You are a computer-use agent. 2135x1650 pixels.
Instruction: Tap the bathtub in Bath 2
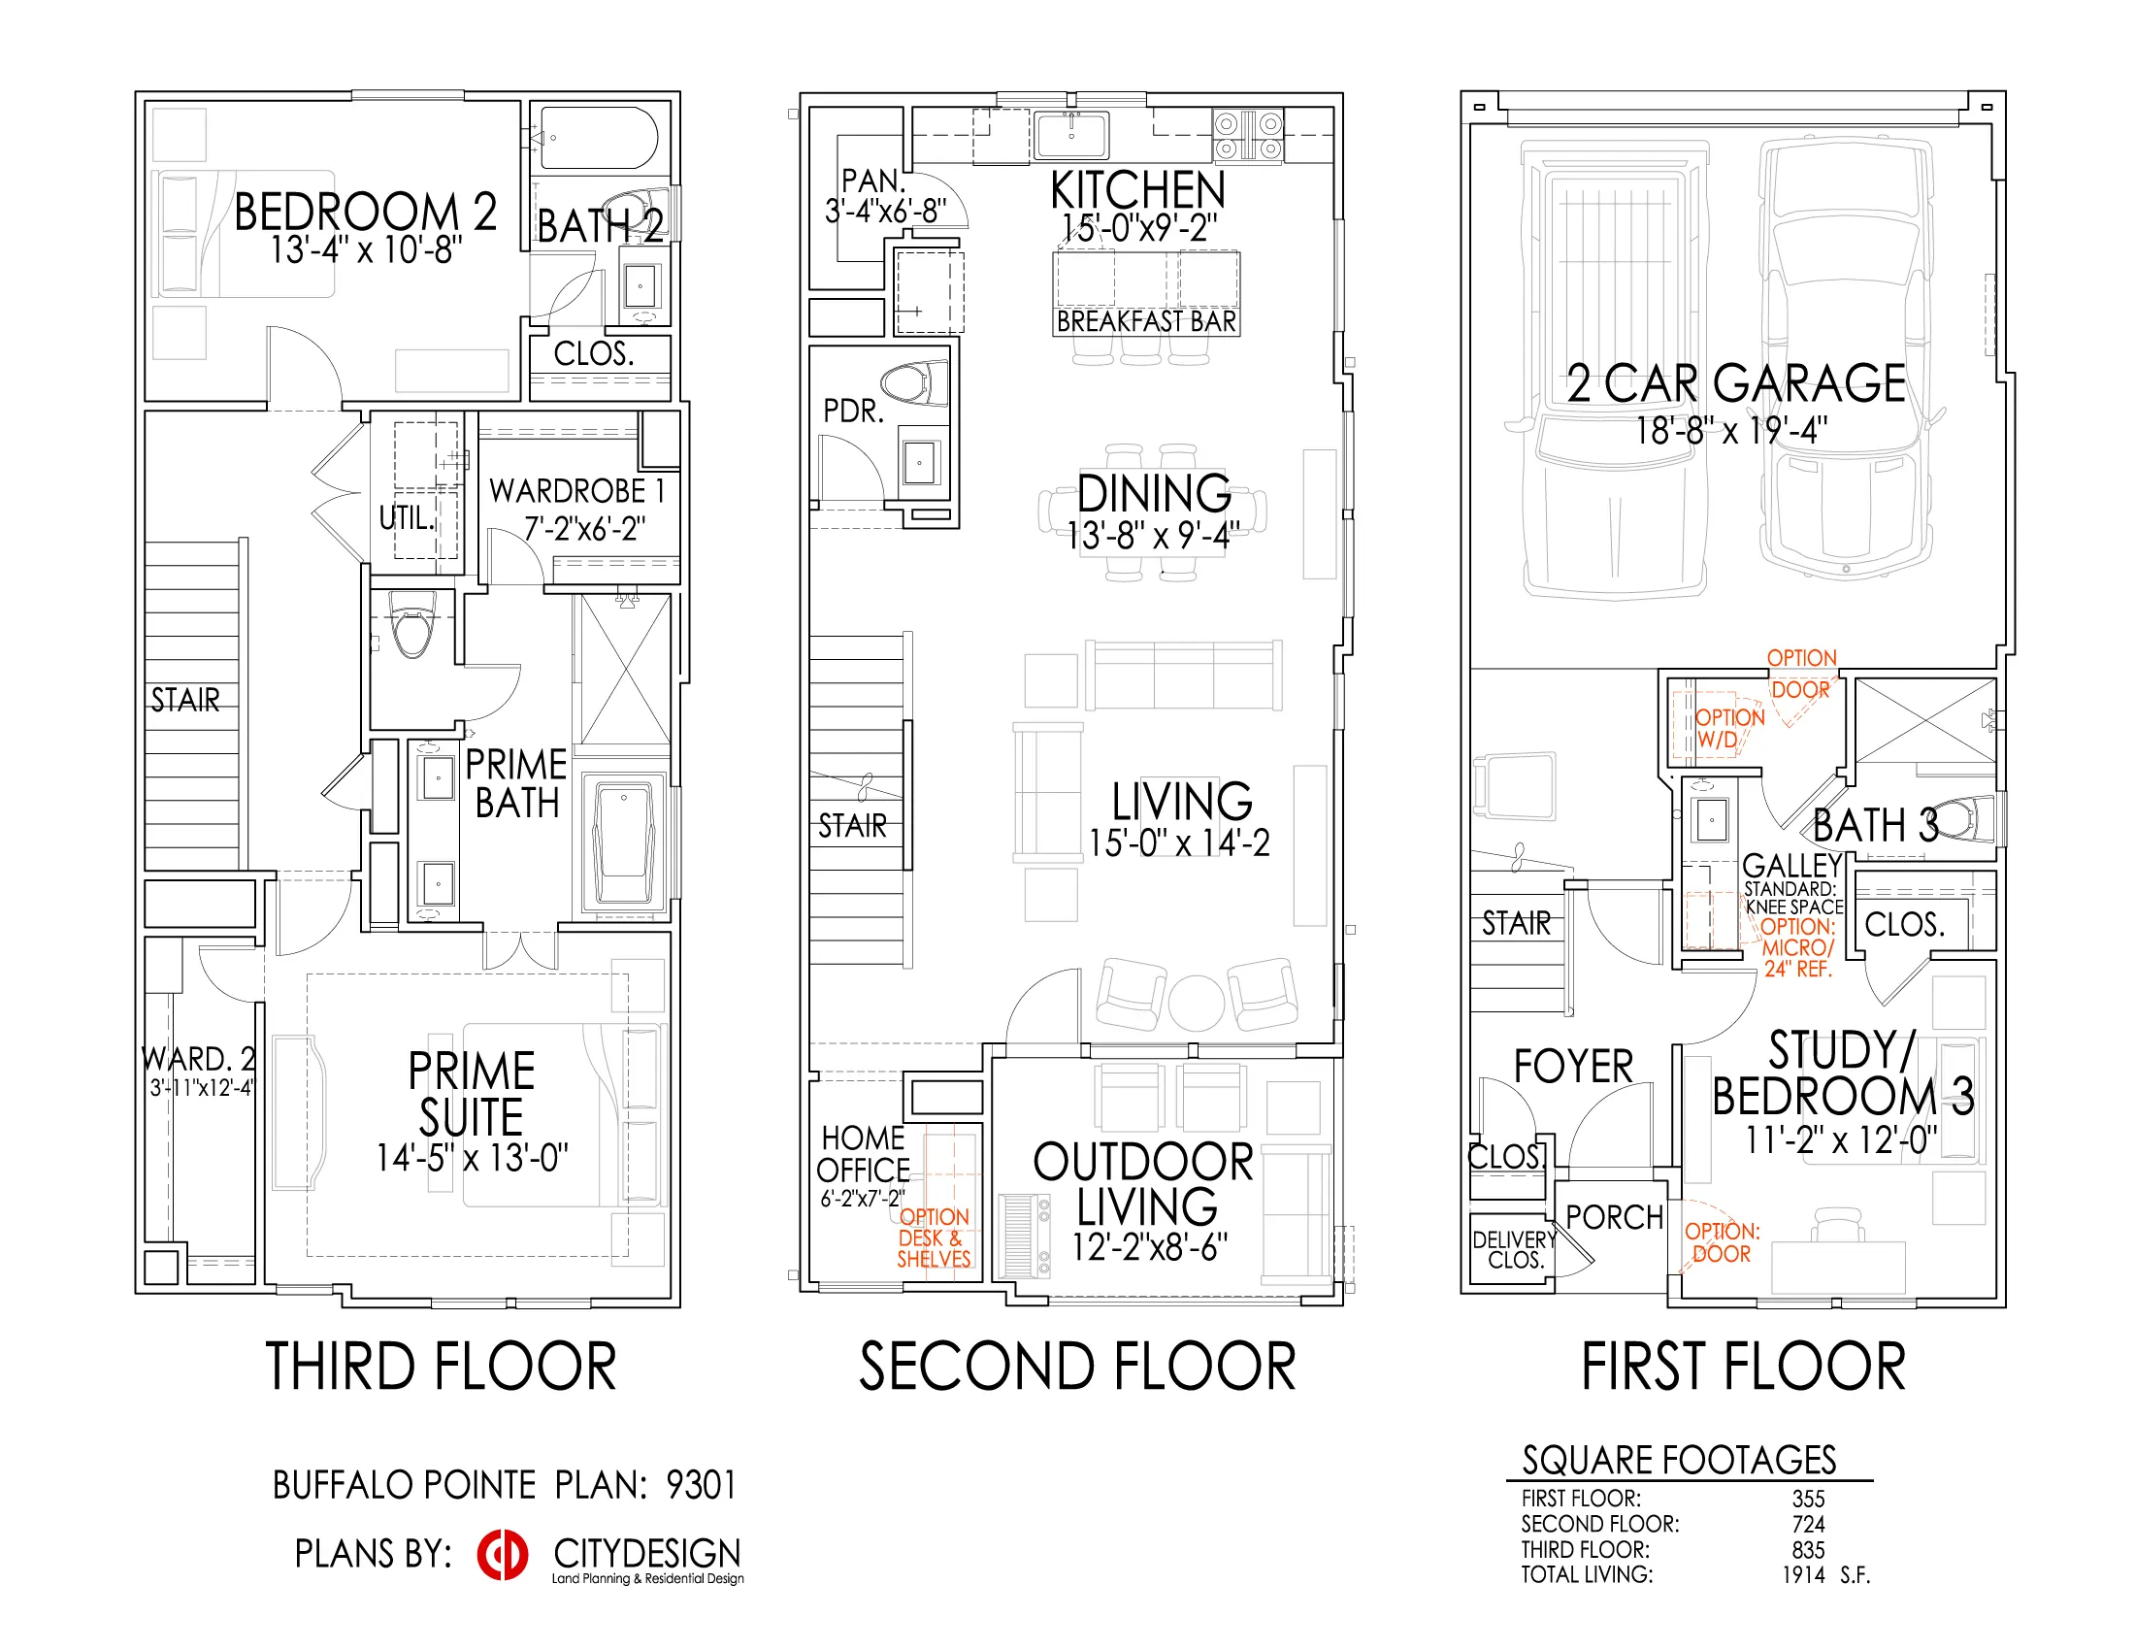pos(599,138)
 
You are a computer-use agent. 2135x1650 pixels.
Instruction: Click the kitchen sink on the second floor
pos(1071,135)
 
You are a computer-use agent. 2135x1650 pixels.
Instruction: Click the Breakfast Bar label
pos(1147,321)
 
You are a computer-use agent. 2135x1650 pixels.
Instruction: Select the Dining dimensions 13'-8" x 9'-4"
pos(1154,535)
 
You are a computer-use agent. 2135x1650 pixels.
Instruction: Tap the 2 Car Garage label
pos(1736,382)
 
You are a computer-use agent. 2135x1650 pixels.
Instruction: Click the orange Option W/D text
pos(1729,728)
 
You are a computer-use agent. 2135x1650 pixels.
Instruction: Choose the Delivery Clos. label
pos(1514,1249)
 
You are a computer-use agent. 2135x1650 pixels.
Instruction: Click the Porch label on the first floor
pos(1614,1217)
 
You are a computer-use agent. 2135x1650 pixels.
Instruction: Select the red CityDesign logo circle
pos(503,1554)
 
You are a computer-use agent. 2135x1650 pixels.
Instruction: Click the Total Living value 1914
pos(1803,1574)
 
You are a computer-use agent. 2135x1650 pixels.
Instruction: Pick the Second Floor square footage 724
pos(1809,1524)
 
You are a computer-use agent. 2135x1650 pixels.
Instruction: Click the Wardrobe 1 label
pos(576,491)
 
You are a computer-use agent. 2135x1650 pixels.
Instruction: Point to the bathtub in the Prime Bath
pos(624,839)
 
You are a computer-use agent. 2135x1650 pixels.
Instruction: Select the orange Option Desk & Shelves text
pos(935,1237)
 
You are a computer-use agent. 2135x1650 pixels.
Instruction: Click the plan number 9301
pos(701,1485)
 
